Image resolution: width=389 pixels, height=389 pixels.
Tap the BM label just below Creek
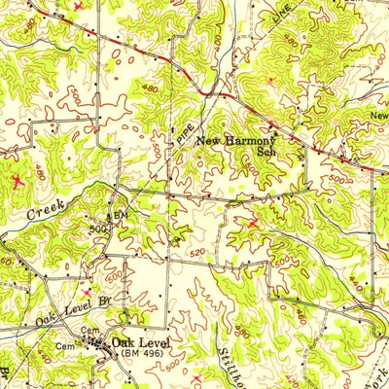123,213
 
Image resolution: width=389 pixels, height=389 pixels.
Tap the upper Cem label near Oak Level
91,331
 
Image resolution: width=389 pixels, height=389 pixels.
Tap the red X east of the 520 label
255,223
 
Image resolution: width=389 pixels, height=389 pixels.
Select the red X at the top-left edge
78,6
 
